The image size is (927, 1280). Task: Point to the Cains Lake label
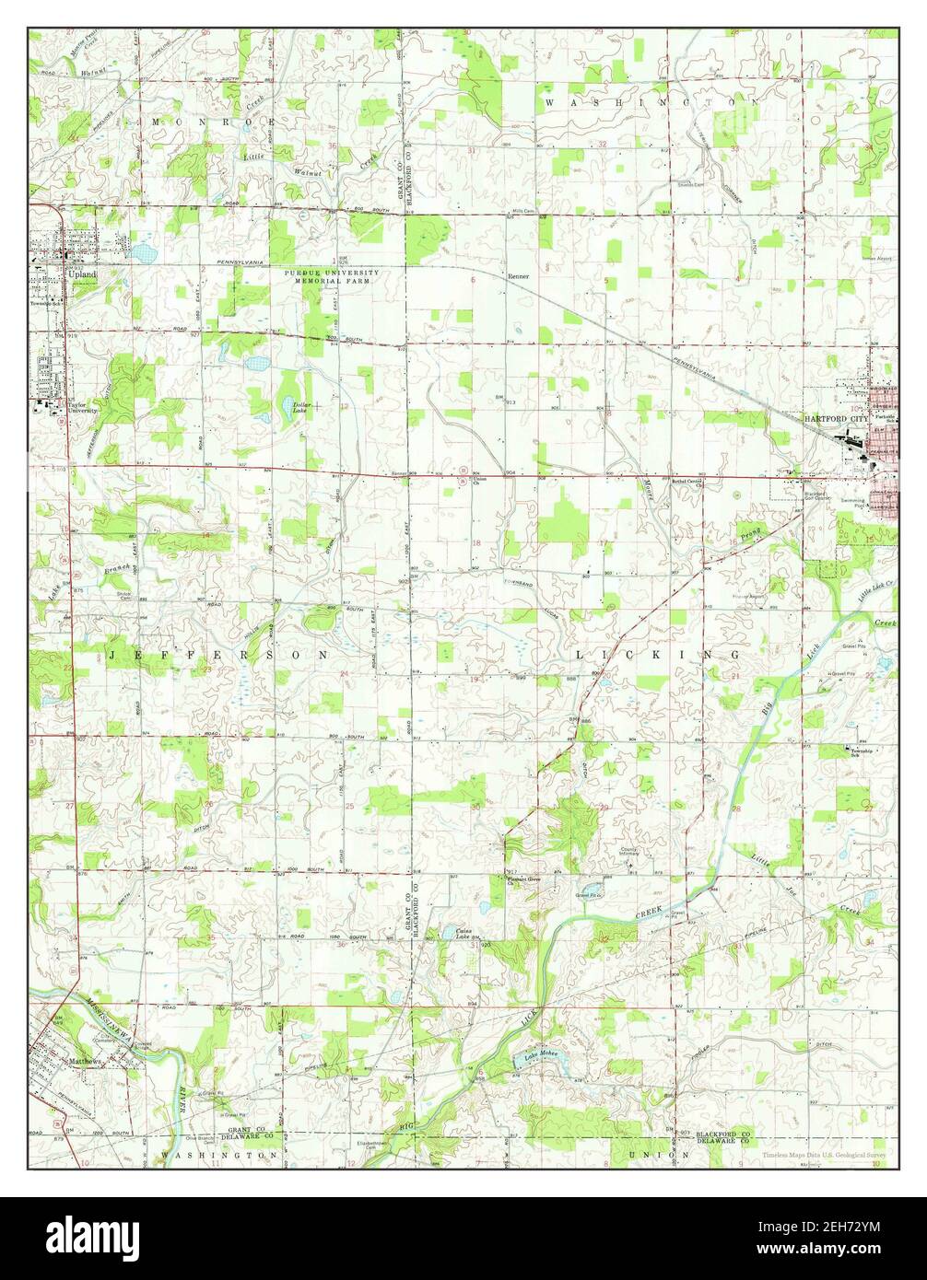point(463,933)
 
